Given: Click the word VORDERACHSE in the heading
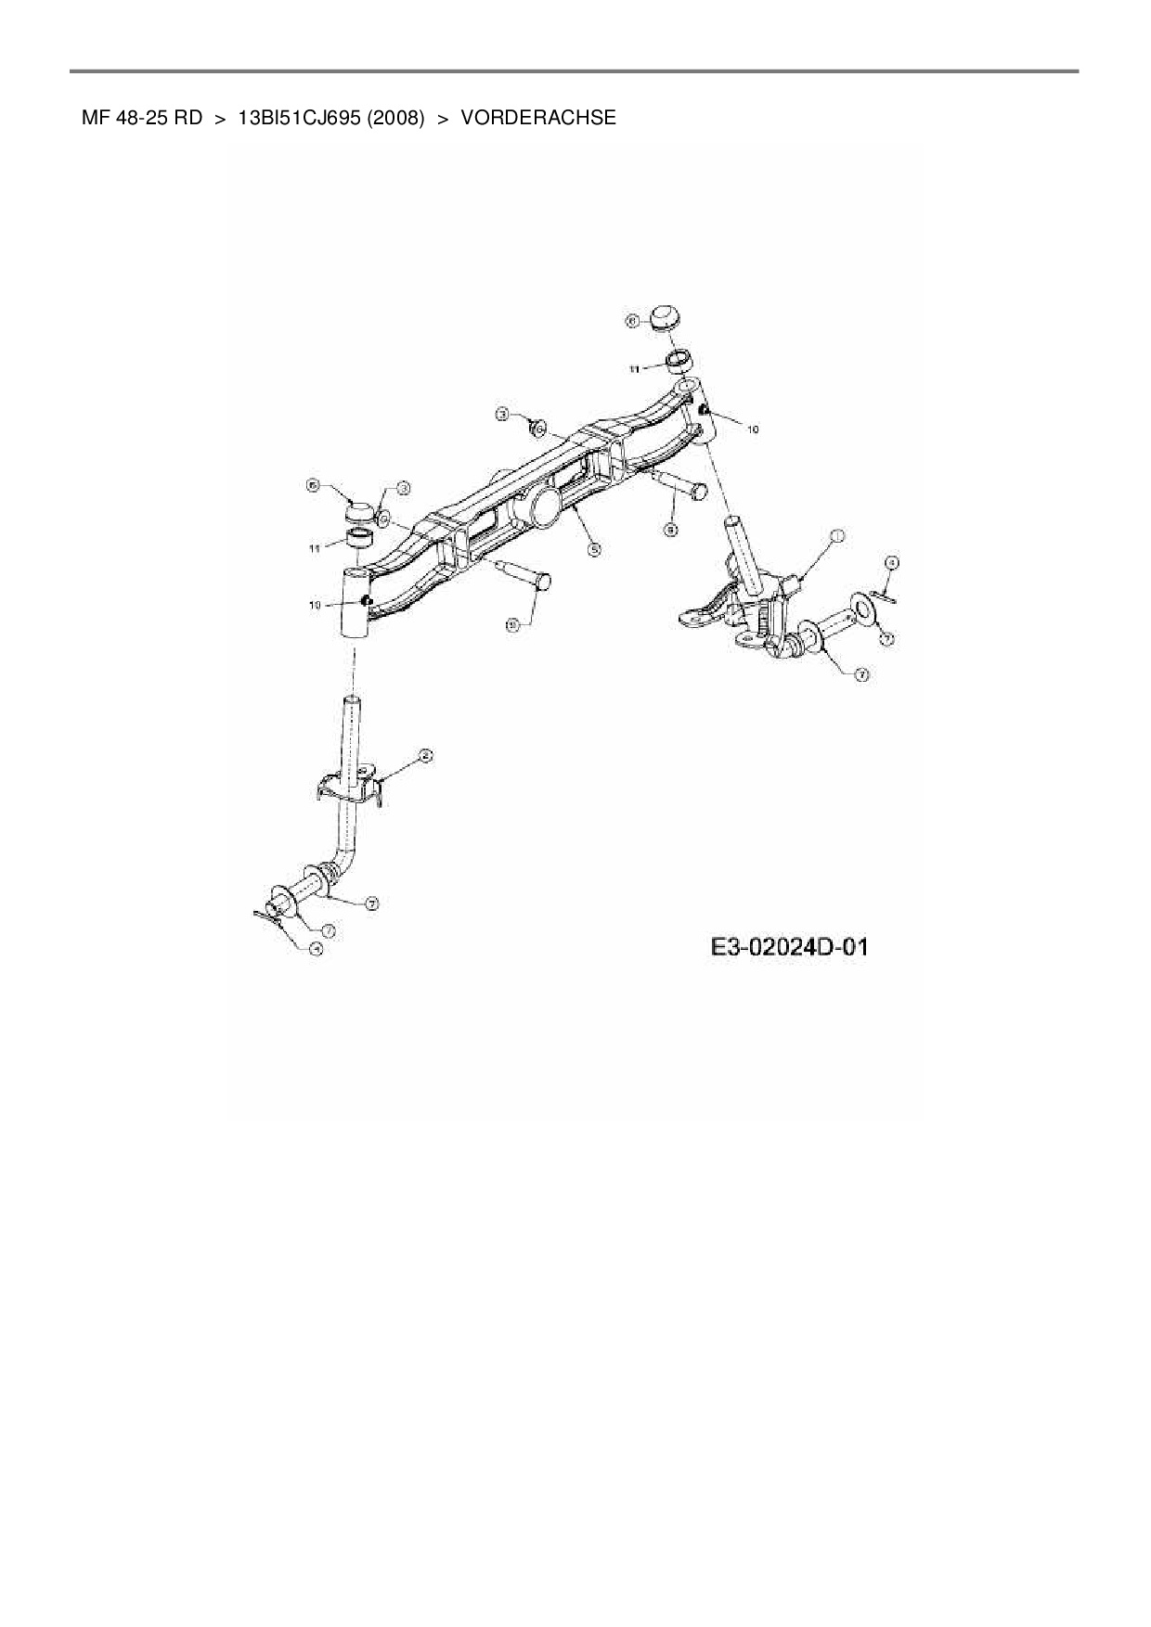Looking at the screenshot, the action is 537,118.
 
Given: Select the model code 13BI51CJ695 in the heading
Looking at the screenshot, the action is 300,118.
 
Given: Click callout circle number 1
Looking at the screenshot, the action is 836,537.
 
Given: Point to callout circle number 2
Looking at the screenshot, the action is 425,756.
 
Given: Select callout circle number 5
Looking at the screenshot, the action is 594,548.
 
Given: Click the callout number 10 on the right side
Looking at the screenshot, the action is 752,429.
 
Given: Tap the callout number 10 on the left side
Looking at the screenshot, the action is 315,605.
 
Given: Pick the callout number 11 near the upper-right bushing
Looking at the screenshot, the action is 635,368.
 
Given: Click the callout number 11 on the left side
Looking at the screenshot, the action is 315,548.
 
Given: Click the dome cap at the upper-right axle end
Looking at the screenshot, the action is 666,317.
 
